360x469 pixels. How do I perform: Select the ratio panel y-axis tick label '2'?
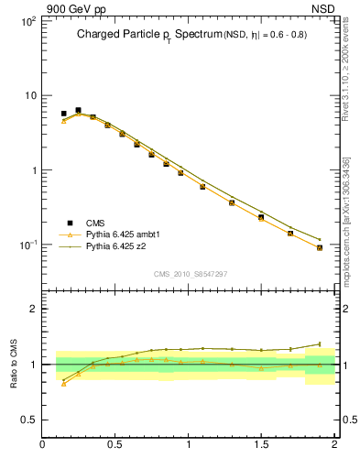click(x=33, y=309)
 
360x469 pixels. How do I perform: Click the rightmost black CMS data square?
click(x=319, y=247)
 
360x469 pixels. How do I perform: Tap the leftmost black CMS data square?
click(x=63, y=114)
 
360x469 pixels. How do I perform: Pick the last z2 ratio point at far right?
click(x=319, y=344)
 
